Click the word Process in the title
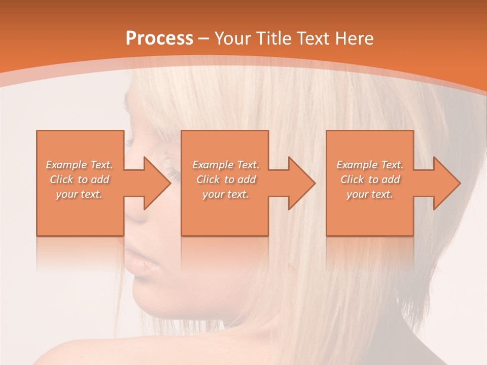coord(159,39)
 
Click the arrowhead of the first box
coord(155,183)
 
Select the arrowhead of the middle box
coord(299,183)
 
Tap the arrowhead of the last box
coord(444,183)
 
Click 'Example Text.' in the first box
coord(80,165)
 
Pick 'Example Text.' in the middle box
coord(226,165)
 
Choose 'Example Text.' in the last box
coord(370,165)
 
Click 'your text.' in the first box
coord(79,194)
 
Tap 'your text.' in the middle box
coord(226,194)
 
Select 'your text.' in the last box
coord(370,194)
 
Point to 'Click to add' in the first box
coord(80,179)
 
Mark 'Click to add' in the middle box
coord(226,179)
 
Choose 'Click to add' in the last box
coord(370,179)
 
